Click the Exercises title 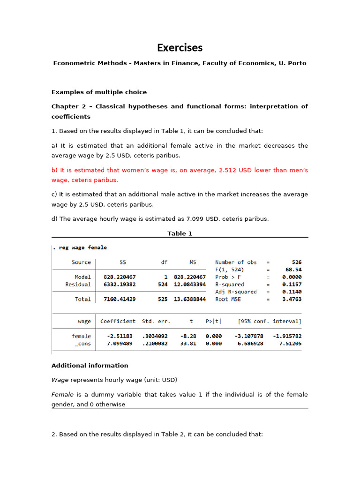tap(180, 48)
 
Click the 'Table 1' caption tap(180, 233)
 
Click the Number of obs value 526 tap(296, 262)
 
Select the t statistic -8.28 tap(190, 336)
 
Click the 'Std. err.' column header tap(156, 322)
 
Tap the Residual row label tap(78, 285)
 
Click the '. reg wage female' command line tap(80, 247)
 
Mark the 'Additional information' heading tap(90, 366)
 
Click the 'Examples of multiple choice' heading tap(99, 92)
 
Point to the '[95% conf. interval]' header tap(270, 322)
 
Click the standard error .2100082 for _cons tap(156, 344)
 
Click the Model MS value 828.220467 tap(190, 277)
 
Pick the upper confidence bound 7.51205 tap(290, 344)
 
